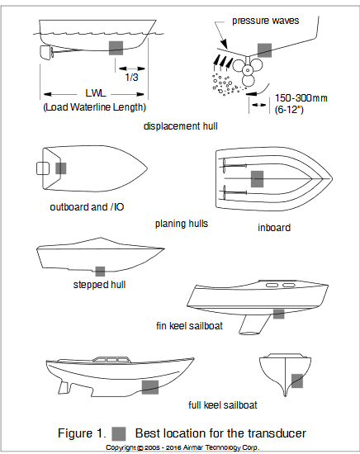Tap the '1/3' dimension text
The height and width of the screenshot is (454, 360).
pyautogui.click(x=132, y=77)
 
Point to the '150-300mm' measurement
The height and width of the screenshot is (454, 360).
pyautogui.click(x=301, y=98)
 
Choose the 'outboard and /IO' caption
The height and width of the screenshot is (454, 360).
pyautogui.click(x=83, y=207)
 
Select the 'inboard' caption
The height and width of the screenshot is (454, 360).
pyautogui.click(x=272, y=227)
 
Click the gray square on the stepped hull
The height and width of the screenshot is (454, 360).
pyautogui.click(x=100, y=271)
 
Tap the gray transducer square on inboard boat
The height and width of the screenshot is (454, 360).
pyautogui.click(x=257, y=178)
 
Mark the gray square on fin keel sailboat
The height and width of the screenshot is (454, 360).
pyautogui.click(x=278, y=314)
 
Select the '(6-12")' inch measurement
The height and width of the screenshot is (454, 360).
pyautogui.click(x=291, y=111)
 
